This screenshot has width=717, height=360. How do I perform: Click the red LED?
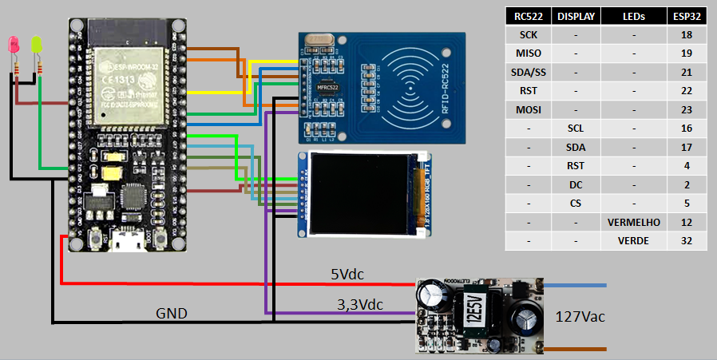pyautogui.click(x=14, y=45)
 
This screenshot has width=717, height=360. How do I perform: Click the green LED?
pyautogui.click(x=36, y=45)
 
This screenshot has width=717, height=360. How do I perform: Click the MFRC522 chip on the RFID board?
pyautogui.click(x=327, y=86)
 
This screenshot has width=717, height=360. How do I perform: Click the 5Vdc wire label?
pyautogui.click(x=347, y=275)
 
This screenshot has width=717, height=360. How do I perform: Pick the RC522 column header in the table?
pyautogui.click(x=529, y=16)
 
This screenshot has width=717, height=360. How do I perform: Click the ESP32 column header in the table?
pyautogui.click(x=687, y=16)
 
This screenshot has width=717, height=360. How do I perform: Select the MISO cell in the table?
pyautogui.click(x=529, y=53)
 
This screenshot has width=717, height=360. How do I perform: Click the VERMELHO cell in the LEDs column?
pyautogui.click(x=632, y=221)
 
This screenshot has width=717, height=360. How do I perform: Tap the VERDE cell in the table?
pyautogui.click(x=632, y=240)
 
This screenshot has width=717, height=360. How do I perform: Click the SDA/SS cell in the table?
pyautogui.click(x=529, y=72)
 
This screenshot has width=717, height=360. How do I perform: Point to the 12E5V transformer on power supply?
pyautogui.click(x=470, y=307)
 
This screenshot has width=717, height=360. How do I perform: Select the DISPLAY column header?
pyautogui.click(x=576, y=16)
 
